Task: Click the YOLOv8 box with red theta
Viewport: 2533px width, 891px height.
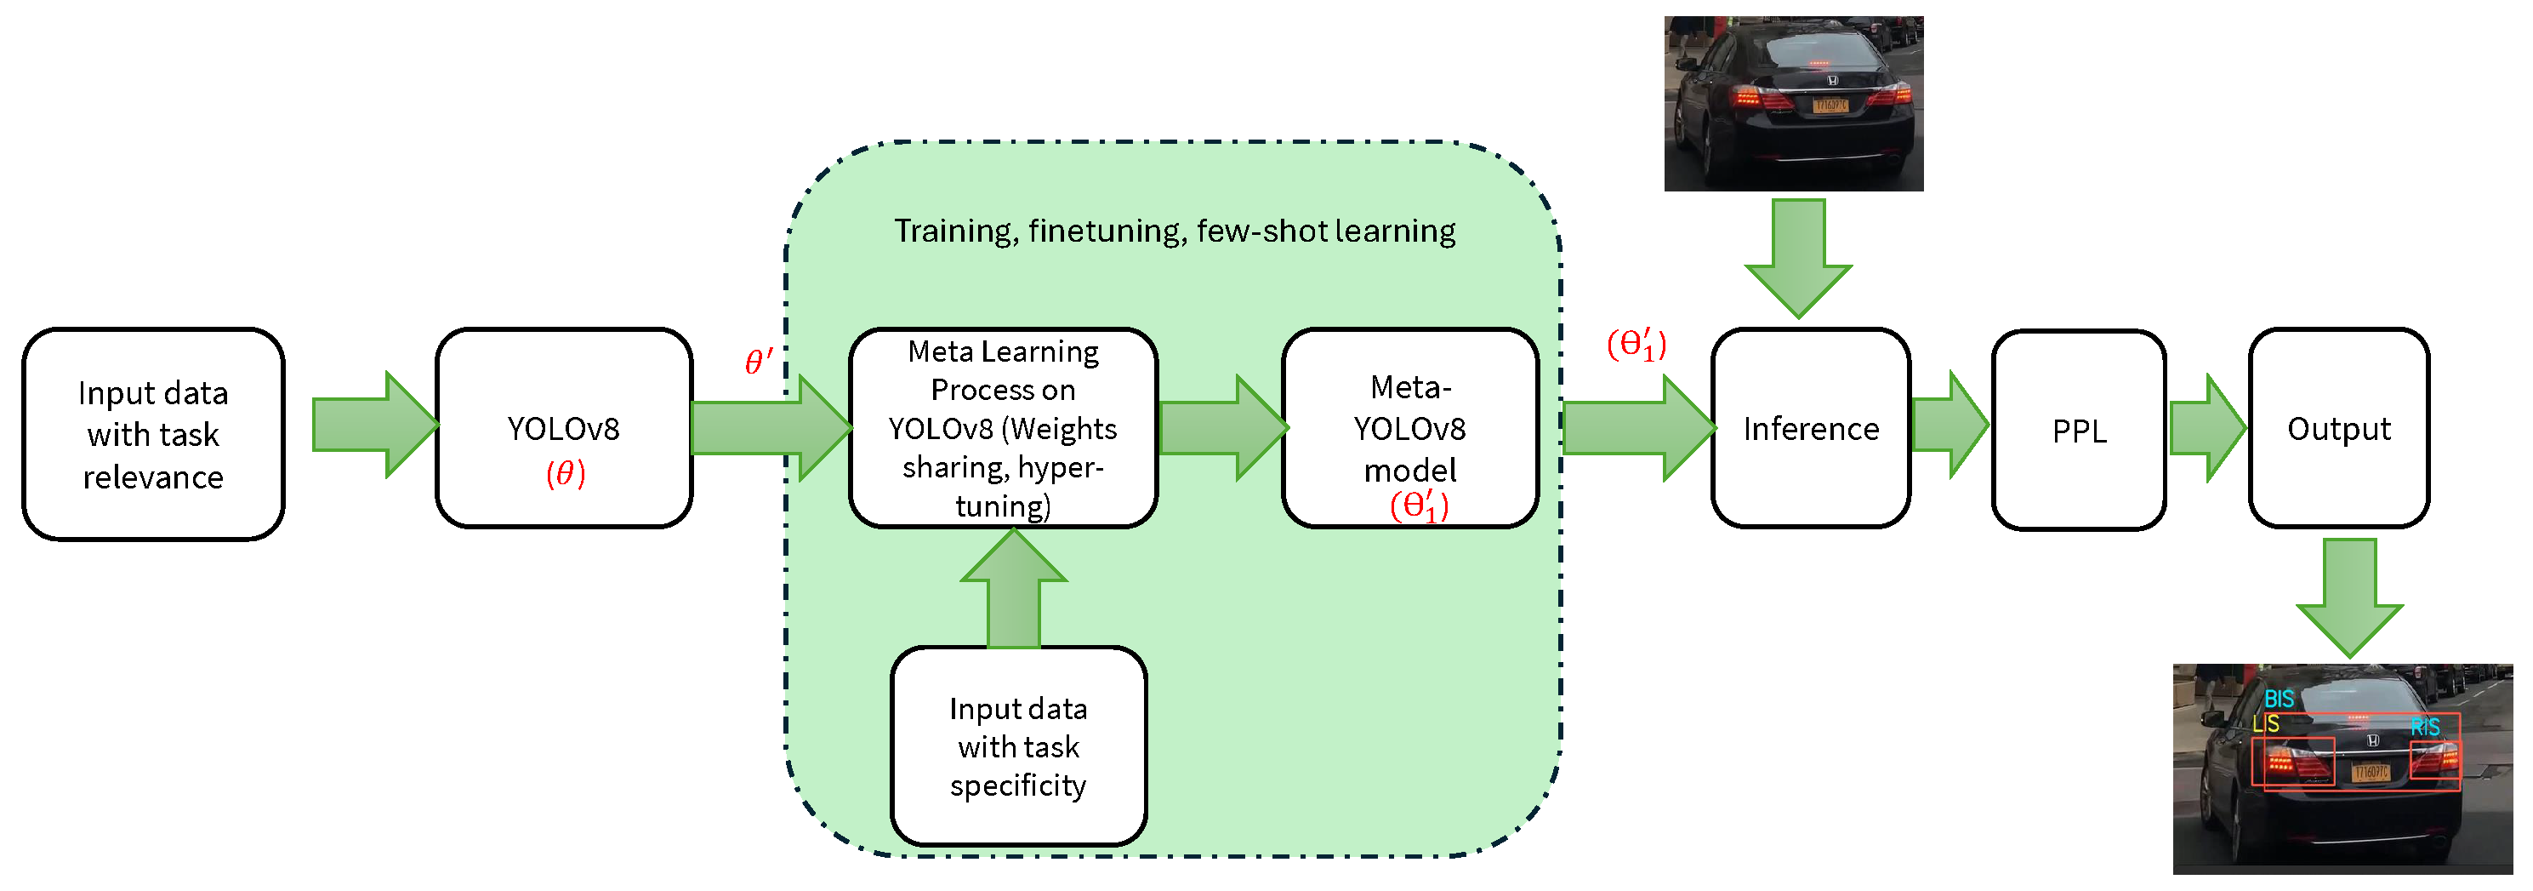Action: click(563, 429)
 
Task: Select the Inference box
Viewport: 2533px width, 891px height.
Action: click(1810, 429)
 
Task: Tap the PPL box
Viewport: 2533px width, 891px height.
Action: click(2079, 431)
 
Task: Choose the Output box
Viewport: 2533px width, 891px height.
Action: click(2338, 429)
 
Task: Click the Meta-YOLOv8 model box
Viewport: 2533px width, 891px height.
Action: click(1409, 429)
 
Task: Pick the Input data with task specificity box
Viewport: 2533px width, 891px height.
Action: click(1018, 745)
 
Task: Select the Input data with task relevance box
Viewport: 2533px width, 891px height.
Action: click(153, 435)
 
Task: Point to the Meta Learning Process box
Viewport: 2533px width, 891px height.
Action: click(1002, 429)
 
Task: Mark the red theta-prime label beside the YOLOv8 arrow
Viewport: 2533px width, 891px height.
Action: click(758, 362)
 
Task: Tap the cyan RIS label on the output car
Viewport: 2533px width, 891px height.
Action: click(2425, 728)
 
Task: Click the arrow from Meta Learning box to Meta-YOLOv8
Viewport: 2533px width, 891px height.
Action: click(1222, 428)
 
